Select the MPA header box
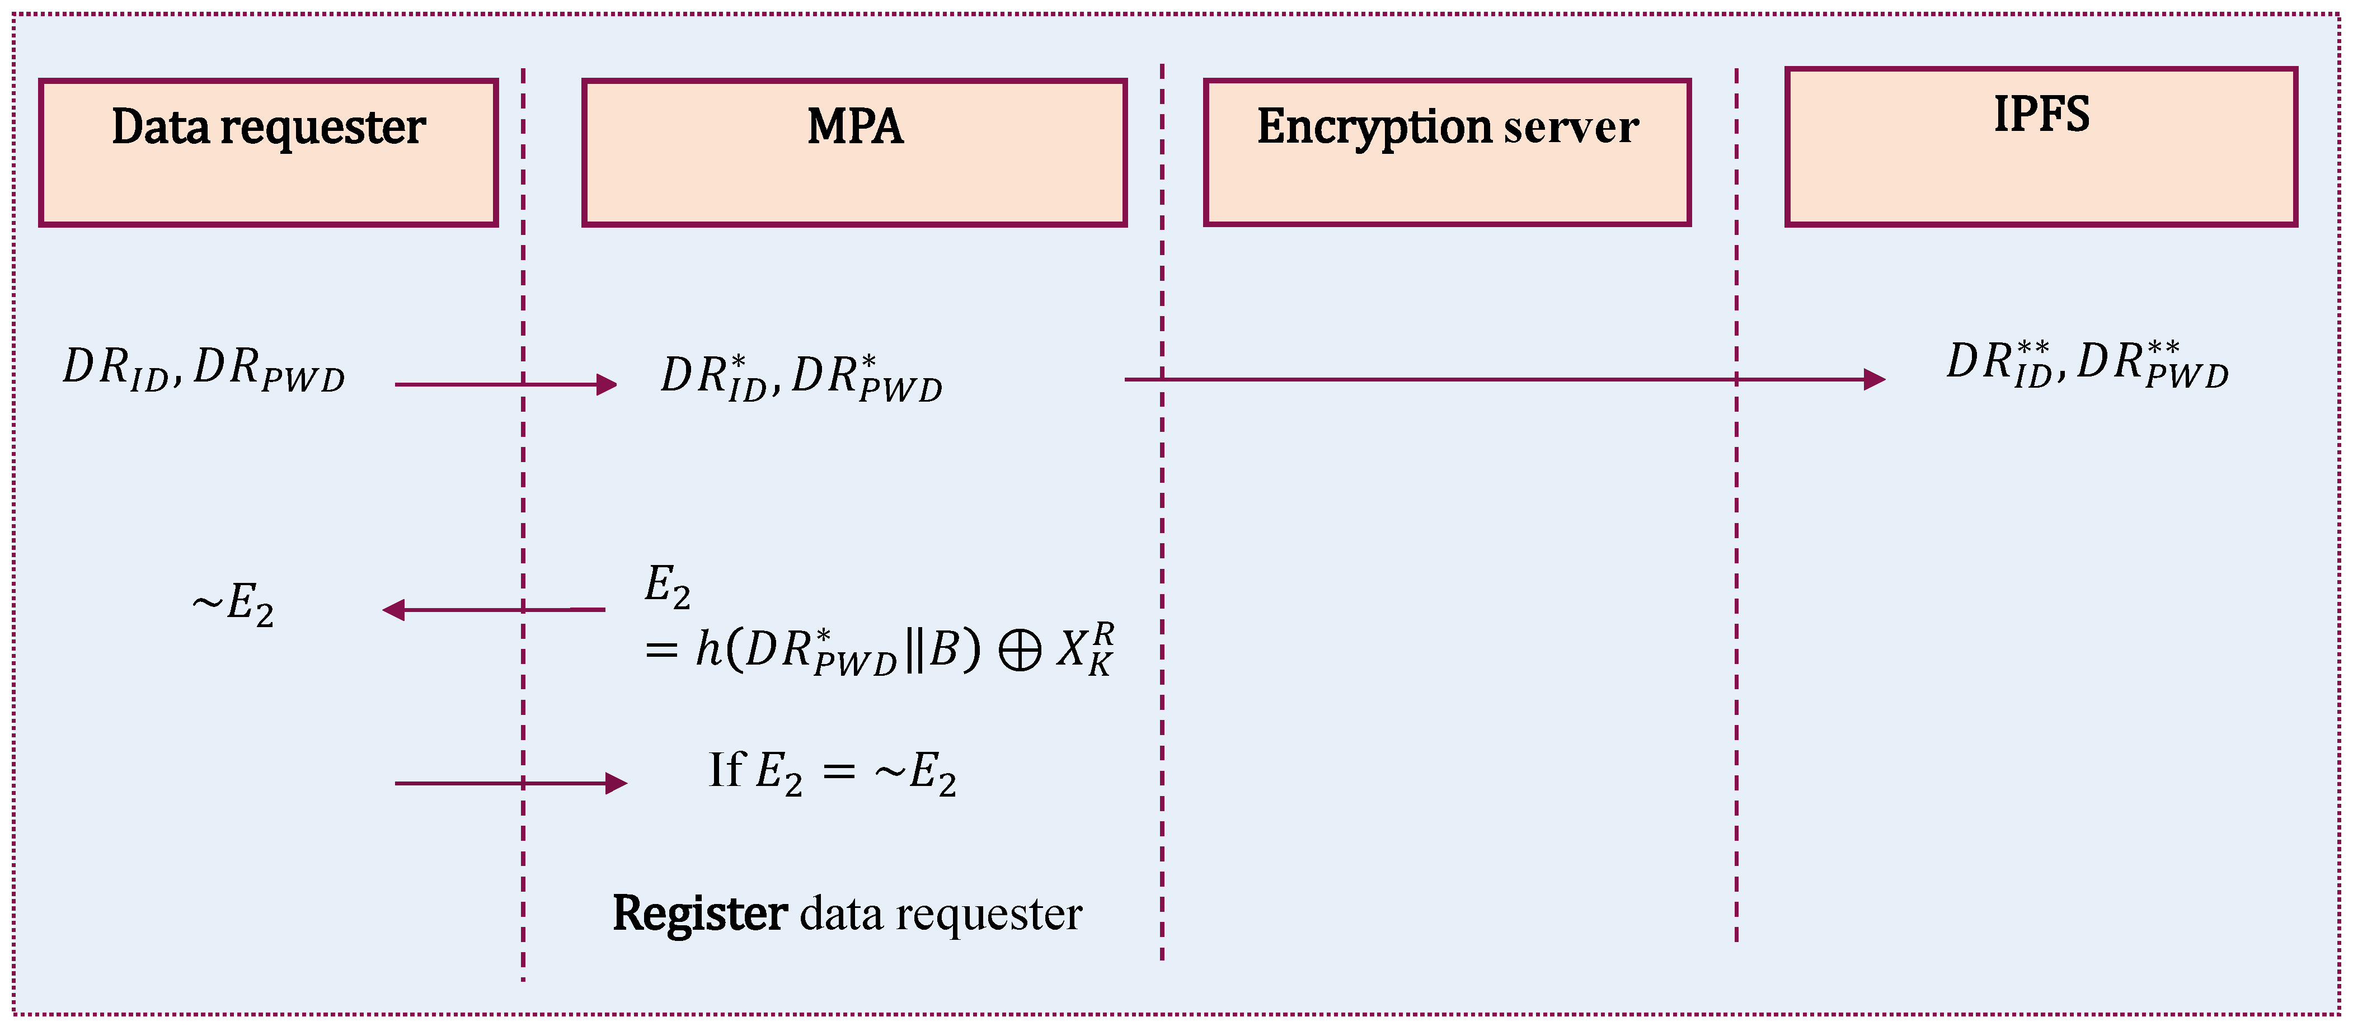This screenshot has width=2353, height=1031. (854, 153)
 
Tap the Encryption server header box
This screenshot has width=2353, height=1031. (1447, 153)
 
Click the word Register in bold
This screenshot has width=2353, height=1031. (699, 913)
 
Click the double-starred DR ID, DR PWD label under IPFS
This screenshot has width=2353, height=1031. (2087, 364)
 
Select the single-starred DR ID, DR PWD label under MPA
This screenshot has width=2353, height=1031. (801, 376)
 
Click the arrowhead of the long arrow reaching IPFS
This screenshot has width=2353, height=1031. (1875, 379)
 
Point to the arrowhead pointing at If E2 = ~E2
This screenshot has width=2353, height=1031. (617, 784)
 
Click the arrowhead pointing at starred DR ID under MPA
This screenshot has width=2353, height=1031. (607, 384)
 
